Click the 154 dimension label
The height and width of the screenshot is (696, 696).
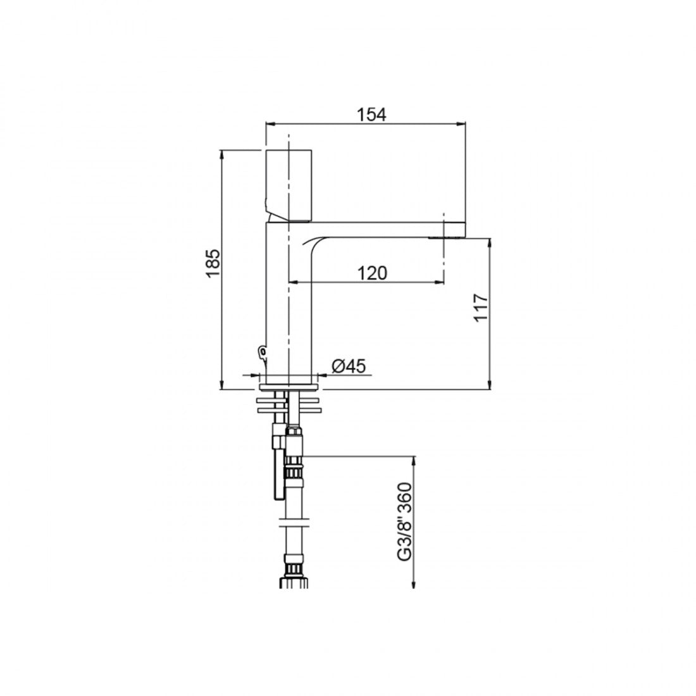tap(371, 114)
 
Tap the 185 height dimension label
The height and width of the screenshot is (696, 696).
tap(213, 263)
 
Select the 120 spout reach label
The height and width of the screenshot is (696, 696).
tap(372, 273)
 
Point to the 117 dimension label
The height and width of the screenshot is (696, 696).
tap(481, 307)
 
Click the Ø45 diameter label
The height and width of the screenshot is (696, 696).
tap(349, 366)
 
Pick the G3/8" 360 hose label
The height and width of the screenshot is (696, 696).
tap(405, 521)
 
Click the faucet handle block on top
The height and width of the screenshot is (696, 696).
tap(289, 185)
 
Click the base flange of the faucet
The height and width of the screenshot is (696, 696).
tap(289, 387)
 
